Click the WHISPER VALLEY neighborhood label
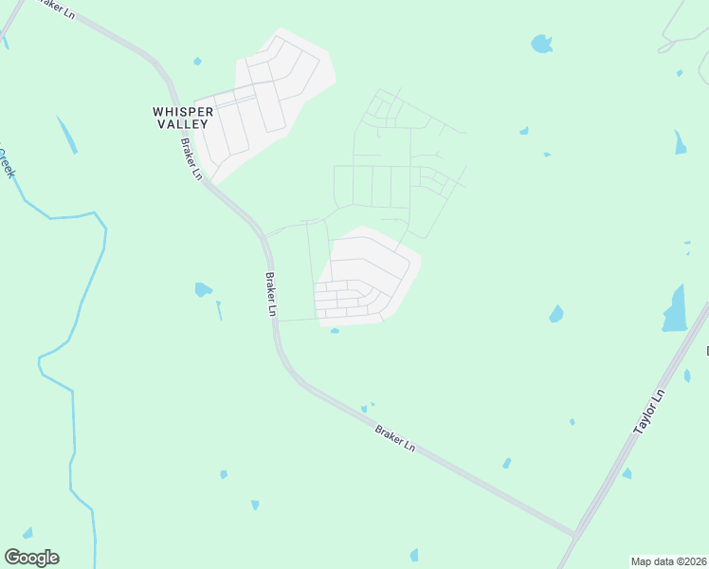click(x=183, y=118)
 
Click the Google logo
click(x=31, y=558)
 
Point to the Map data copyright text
click(x=667, y=560)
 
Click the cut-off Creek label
click(x=8, y=161)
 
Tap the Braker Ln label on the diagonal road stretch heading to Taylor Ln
click(x=395, y=437)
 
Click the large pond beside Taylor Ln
click(x=675, y=310)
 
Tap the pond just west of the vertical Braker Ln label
click(x=203, y=289)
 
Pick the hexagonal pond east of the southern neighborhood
click(x=556, y=314)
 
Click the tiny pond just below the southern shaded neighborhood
click(x=335, y=331)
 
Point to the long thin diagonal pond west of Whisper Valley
click(x=66, y=135)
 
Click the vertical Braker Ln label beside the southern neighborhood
click(x=272, y=294)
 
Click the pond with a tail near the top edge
click(x=541, y=44)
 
